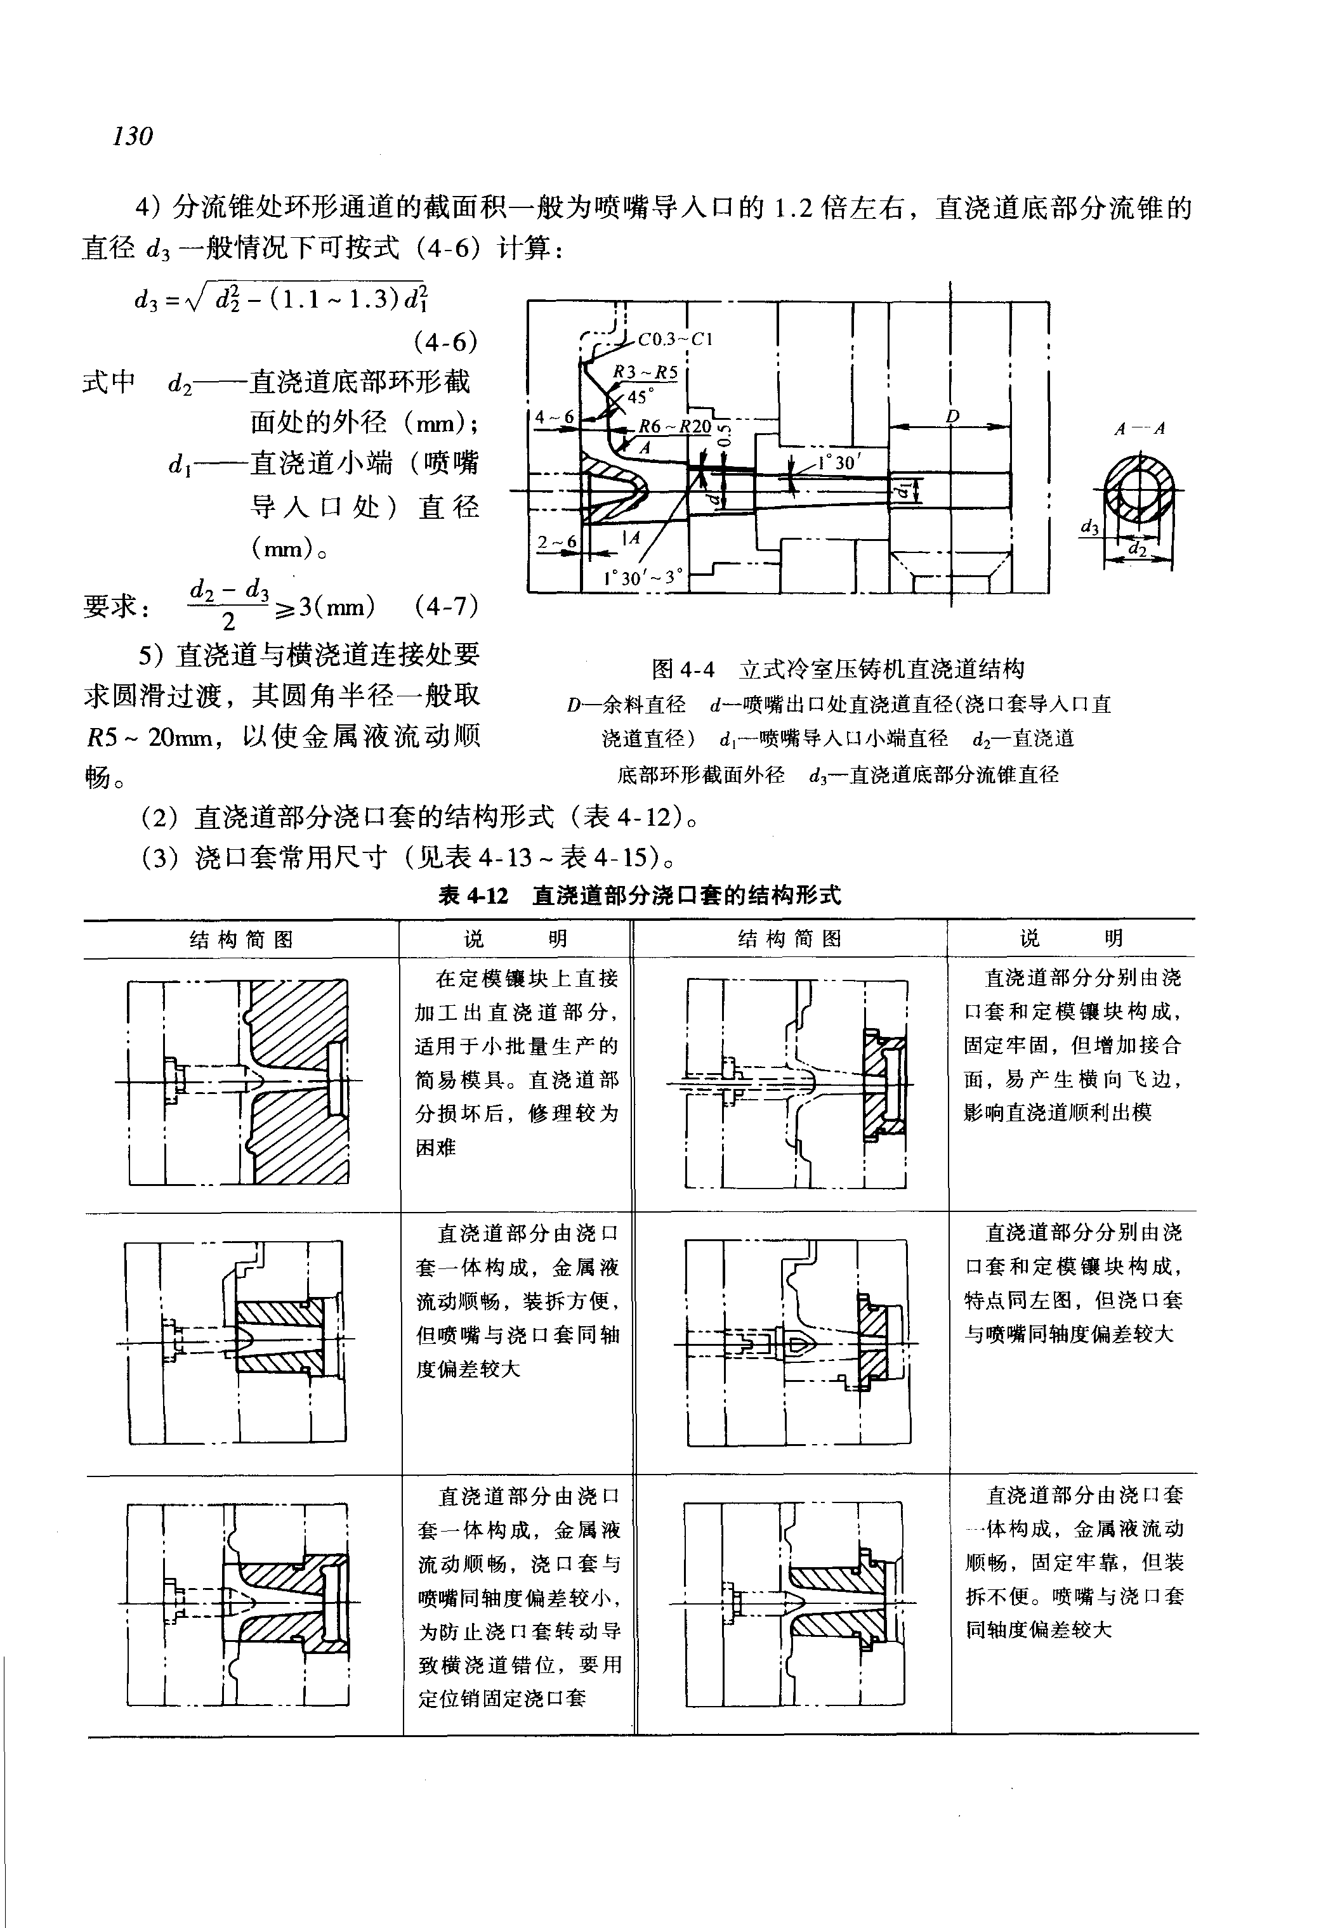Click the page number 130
[x=133, y=135]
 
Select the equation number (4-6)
[x=445, y=342]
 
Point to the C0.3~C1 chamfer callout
[x=674, y=340]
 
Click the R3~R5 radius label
[x=644, y=372]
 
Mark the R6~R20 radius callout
[x=674, y=426]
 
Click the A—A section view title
[x=1140, y=429]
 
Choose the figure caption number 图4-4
[x=683, y=669]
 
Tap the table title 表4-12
[x=473, y=896]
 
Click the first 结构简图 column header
[x=241, y=939]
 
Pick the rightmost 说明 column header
[x=1072, y=939]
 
